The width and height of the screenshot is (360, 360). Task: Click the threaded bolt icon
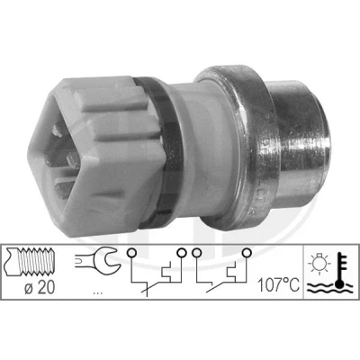[x=30, y=262]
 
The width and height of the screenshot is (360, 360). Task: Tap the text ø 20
[x=40, y=288]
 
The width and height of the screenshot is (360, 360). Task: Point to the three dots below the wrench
[x=98, y=292]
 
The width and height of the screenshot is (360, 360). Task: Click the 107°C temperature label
[x=279, y=285]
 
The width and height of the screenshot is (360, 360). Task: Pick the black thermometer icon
[x=340, y=270]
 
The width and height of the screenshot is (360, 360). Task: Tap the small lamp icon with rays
[x=319, y=265]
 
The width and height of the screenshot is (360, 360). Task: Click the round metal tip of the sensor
[x=299, y=144]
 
